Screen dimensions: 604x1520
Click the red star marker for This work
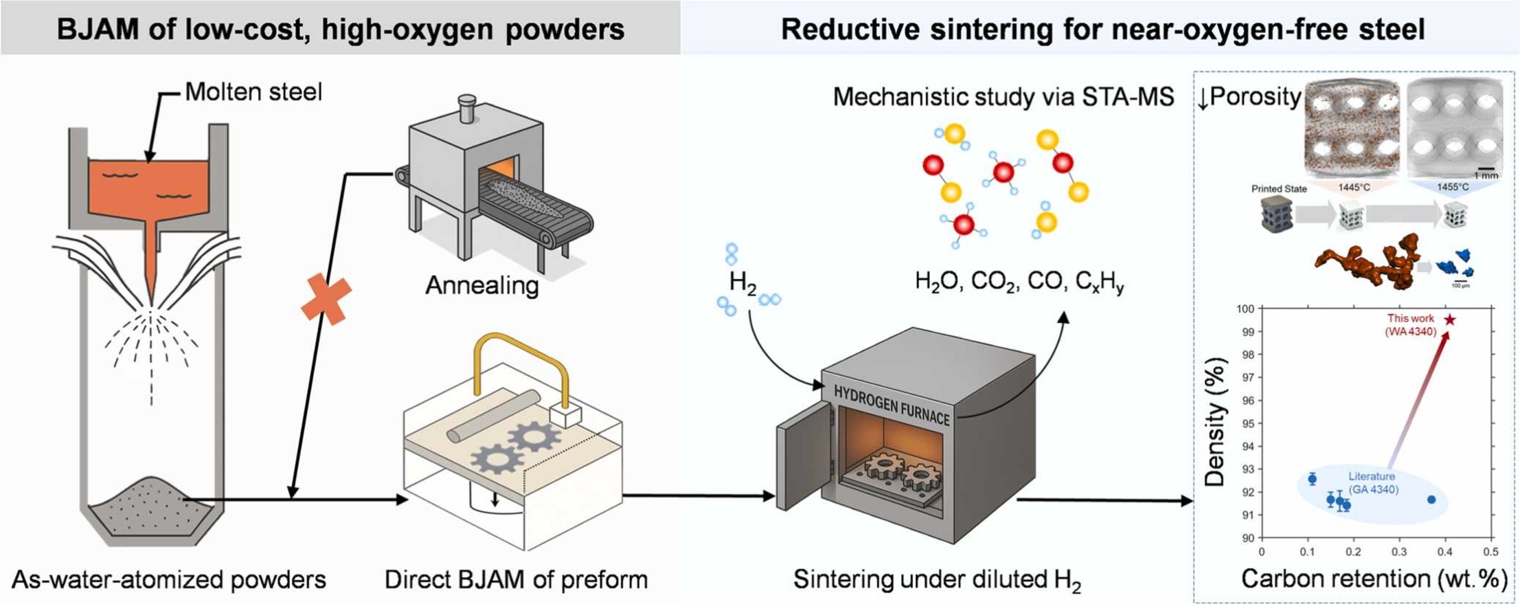point(1449,320)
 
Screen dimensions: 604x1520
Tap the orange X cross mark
point(326,299)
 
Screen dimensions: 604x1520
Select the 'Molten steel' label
point(253,92)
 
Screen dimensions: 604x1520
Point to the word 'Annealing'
point(482,284)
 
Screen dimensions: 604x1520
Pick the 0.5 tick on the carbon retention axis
point(1490,552)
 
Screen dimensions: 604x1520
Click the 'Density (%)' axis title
point(1215,422)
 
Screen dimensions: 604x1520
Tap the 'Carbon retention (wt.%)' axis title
point(1374,579)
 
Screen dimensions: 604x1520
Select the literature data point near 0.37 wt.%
point(1431,500)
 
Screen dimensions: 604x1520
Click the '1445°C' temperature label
point(1354,187)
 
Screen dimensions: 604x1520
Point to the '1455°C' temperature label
point(1453,187)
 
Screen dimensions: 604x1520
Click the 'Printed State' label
point(1279,189)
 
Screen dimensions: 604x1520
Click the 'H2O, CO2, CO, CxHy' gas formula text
point(1019,282)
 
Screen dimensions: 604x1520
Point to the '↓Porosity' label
point(1249,97)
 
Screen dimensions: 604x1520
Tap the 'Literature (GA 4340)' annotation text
point(1371,483)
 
